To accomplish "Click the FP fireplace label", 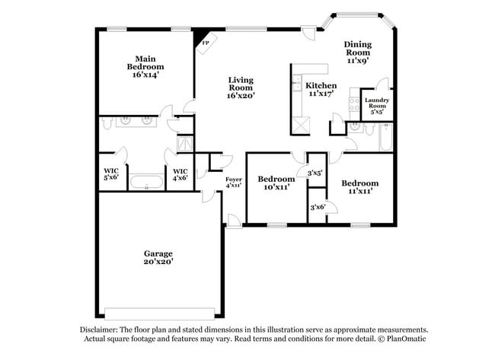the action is [x=206, y=43].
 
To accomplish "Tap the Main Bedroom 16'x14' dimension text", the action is [x=145, y=75].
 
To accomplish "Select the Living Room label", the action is [x=241, y=84].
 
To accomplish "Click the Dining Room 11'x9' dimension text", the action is [x=358, y=60].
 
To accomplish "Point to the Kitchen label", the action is [x=321, y=85].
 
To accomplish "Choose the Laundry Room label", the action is [x=377, y=103].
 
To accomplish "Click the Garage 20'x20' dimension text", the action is [x=158, y=262].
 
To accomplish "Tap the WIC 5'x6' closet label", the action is [x=111, y=174].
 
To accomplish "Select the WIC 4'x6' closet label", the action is [x=180, y=174].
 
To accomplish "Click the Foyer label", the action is [x=234, y=179].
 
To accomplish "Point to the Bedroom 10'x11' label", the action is [x=276, y=183].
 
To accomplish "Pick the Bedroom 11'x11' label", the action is [x=360, y=187].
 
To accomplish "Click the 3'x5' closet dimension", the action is [x=315, y=173].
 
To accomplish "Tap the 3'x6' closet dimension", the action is [x=318, y=207].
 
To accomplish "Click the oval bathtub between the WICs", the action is [x=146, y=182].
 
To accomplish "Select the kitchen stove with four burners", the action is [x=354, y=104].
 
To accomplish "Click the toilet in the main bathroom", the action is [x=107, y=123].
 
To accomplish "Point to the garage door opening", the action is [x=160, y=314].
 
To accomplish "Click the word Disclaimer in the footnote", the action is [x=98, y=330].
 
